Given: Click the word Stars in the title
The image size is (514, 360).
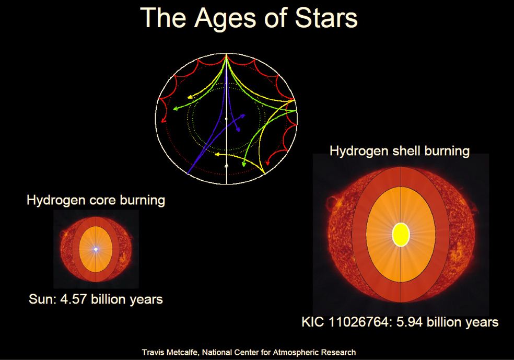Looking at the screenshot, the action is click(326, 18).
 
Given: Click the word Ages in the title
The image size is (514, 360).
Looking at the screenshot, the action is click(224, 19).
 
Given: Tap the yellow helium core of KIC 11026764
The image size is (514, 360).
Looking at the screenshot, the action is click(401, 235).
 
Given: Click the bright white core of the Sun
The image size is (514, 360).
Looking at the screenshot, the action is click(96, 249).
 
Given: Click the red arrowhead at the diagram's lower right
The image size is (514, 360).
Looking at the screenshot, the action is click(267, 162).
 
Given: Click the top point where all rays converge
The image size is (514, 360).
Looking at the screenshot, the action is click(226, 54).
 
